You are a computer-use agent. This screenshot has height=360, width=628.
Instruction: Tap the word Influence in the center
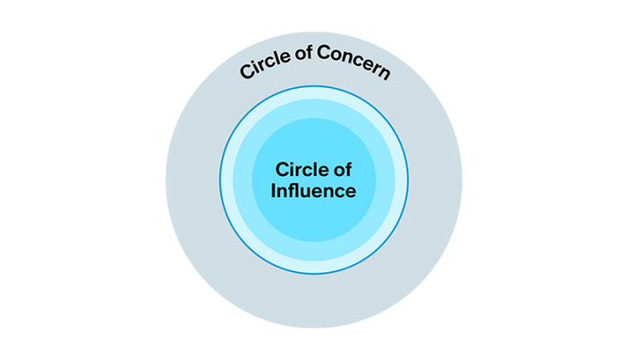313,191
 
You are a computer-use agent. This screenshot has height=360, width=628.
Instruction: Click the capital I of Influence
273,191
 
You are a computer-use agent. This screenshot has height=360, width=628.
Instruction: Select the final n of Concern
384,73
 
